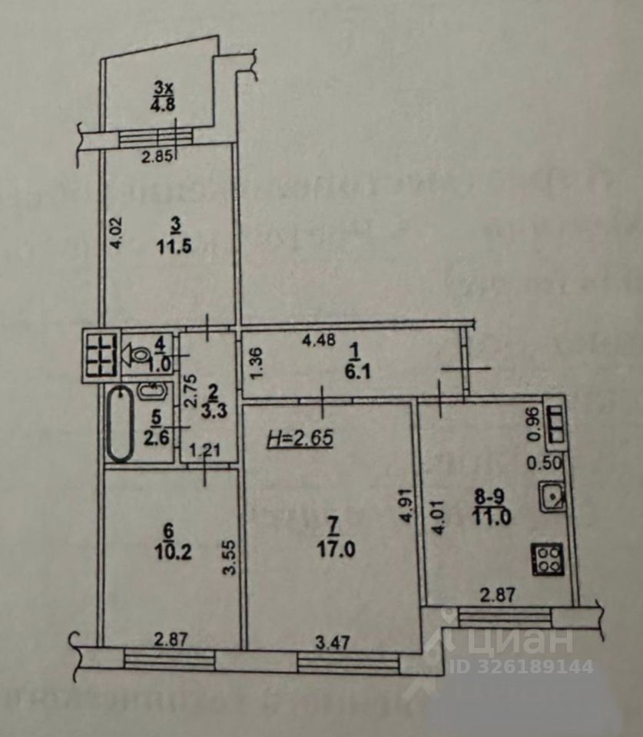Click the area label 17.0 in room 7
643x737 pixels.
click(x=332, y=550)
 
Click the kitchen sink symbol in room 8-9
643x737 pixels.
click(x=552, y=498)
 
